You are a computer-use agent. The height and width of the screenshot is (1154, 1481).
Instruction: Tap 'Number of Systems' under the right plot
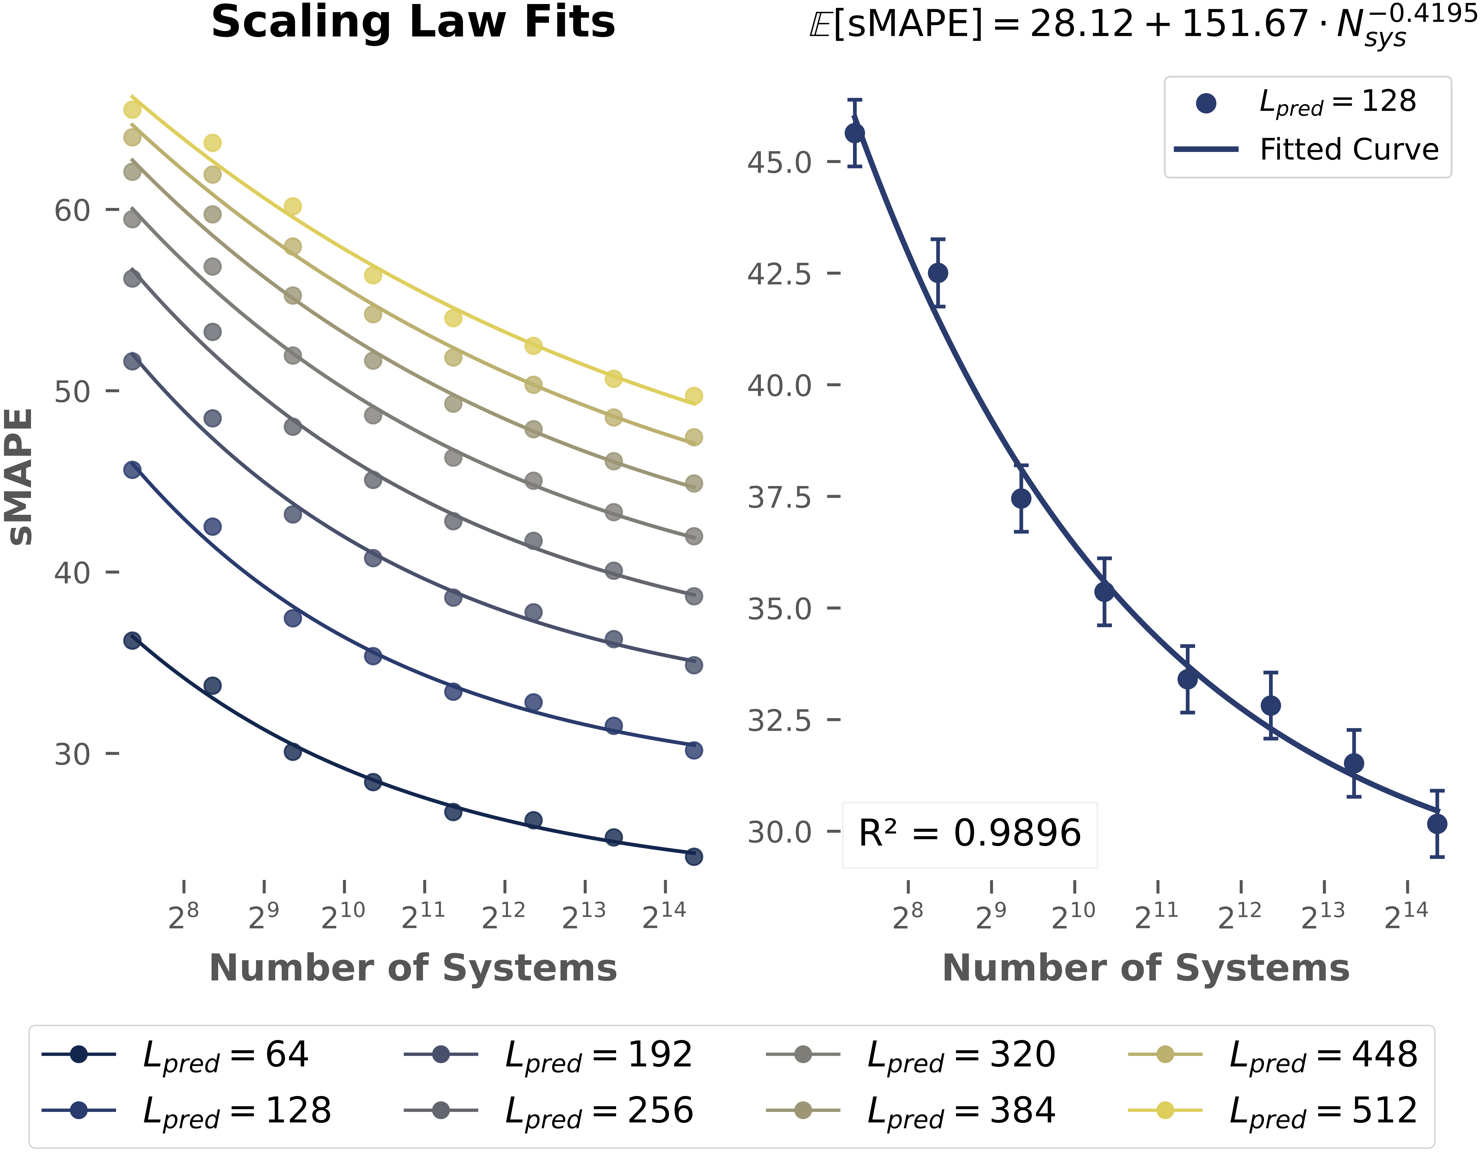tap(1146, 968)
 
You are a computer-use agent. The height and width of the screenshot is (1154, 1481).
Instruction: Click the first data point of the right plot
tap(855, 133)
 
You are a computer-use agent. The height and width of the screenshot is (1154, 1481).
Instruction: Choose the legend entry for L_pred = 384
tap(961, 1111)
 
